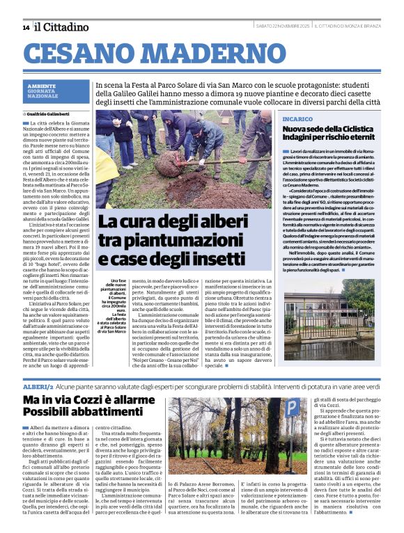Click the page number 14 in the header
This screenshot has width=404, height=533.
pos(26,27)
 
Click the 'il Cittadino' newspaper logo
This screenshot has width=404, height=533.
pos(62,26)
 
